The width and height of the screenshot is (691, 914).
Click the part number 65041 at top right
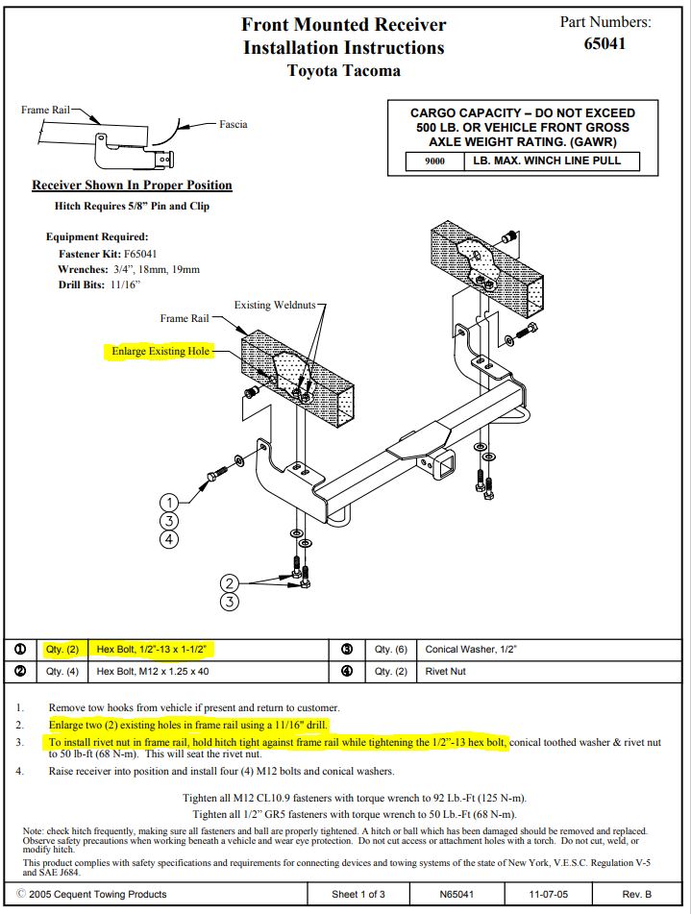(x=605, y=43)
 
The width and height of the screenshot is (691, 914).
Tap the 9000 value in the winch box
(x=434, y=161)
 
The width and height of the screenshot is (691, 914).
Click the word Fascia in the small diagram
(x=234, y=124)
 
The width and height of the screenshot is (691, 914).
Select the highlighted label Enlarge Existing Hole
(x=160, y=351)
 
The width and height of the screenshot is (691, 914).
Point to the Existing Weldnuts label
(x=275, y=305)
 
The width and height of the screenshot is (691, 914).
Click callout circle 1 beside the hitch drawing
(x=169, y=503)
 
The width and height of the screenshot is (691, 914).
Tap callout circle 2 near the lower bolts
(x=229, y=583)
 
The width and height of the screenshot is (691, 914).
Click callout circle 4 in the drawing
(x=169, y=539)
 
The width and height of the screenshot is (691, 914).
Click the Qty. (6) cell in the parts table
(x=391, y=650)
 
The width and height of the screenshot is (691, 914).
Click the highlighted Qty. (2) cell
(x=62, y=650)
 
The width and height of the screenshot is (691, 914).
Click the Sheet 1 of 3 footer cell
(x=358, y=894)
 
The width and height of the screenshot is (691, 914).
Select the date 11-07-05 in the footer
(x=548, y=894)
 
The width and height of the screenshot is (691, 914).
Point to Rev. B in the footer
(x=637, y=894)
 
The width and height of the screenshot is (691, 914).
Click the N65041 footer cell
(x=457, y=894)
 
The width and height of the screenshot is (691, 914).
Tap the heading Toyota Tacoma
(x=344, y=71)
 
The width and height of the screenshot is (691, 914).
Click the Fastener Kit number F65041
(x=140, y=254)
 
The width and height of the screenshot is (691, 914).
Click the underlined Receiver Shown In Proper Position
(x=133, y=185)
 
